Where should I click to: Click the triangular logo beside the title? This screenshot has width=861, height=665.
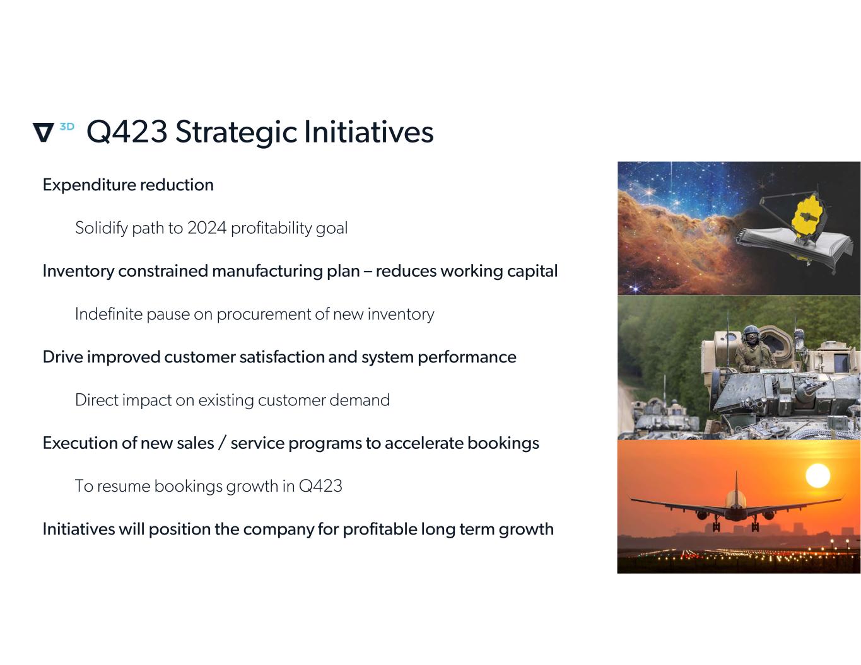coord(44,132)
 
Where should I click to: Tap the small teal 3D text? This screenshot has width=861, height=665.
coord(67,126)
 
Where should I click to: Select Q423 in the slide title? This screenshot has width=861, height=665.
coord(127,131)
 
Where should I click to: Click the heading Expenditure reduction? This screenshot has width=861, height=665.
coord(128,185)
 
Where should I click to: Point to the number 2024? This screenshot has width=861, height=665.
coord(207,228)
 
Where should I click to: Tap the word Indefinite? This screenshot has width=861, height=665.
coord(108,314)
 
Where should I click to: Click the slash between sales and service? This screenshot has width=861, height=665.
coord(222,443)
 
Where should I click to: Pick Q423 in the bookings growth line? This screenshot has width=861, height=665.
coord(320,486)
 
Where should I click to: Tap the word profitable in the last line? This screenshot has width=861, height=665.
coord(380,529)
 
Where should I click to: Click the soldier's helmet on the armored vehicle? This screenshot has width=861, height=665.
coord(751,332)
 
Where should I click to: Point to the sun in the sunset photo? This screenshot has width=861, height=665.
coord(818,476)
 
